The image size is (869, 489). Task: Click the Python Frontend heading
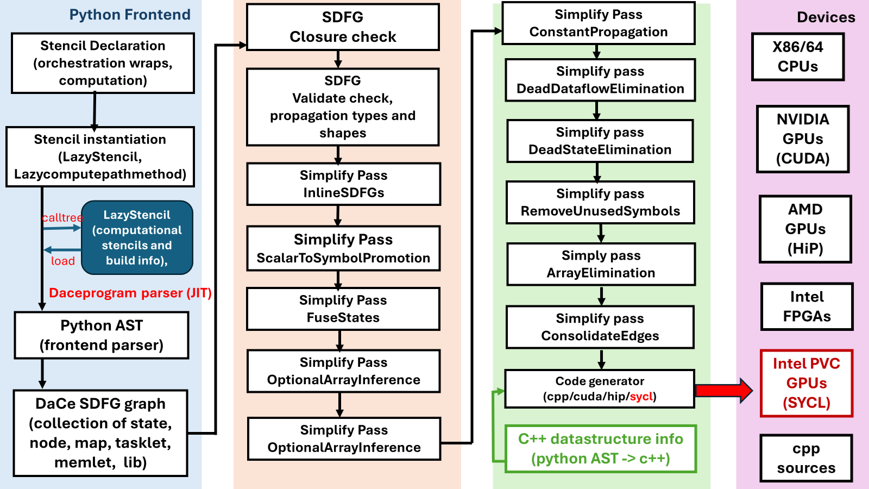(130, 15)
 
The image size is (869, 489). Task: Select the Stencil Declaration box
(103, 63)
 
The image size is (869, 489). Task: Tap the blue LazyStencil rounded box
(137, 237)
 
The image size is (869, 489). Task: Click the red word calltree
(62, 218)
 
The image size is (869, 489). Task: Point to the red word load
(63, 261)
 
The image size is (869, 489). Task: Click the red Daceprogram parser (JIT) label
(130, 293)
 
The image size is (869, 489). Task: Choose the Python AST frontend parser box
(102, 335)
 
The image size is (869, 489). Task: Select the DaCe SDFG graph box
(100, 433)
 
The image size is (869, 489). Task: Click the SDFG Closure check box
(343, 27)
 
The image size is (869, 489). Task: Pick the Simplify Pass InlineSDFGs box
(343, 184)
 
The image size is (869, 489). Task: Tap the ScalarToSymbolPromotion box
(343, 248)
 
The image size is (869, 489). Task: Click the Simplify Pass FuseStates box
(343, 309)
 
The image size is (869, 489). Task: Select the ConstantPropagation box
(599, 23)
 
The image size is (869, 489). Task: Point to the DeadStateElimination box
(600, 141)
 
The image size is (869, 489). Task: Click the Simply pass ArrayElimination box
(601, 264)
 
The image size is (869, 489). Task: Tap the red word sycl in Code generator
(641, 397)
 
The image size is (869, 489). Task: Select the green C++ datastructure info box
(601, 449)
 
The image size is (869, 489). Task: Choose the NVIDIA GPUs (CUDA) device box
(803, 139)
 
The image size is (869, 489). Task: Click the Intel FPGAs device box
(807, 306)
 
